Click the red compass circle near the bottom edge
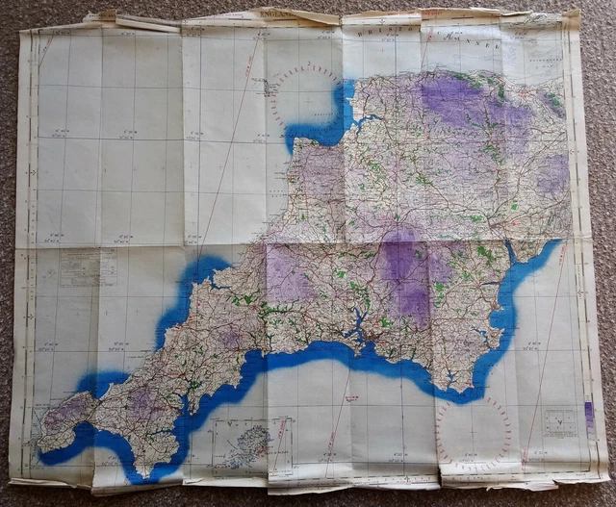pos(473,434)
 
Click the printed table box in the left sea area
pos(88,266)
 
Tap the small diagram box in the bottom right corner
pos(559,420)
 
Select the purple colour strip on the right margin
pos(588,414)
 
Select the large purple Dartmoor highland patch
pos(404,274)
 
